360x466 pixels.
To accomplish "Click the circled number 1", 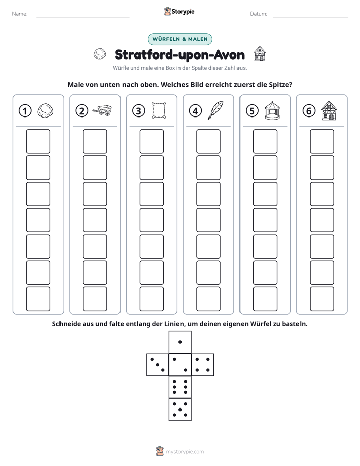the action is [x=25, y=111].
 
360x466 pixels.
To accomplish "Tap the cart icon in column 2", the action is [x=102, y=110].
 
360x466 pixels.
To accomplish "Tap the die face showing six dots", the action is [x=180, y=387].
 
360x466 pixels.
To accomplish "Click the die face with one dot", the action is [x=180, y=342].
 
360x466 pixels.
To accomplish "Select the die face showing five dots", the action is [x=180, y=409].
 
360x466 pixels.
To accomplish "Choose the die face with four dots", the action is [x=202, y=365].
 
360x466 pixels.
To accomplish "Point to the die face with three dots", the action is [x=158, y=365].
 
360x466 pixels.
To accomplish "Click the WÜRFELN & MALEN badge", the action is [x=180, y=39].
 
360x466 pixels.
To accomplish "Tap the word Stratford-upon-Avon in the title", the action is [x=179, y=54].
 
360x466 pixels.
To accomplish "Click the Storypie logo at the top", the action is [x=179, y=11].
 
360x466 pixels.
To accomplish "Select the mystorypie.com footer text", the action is [x=185, y=452].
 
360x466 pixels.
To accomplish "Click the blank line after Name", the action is [x=83, y=17].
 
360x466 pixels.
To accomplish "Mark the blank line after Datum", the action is [x=311, y=17].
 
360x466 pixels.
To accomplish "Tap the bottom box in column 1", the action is [x=38, y=299].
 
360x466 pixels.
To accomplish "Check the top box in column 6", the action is [x=322, y=141].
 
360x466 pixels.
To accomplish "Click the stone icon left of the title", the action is [x=100, y=54].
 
